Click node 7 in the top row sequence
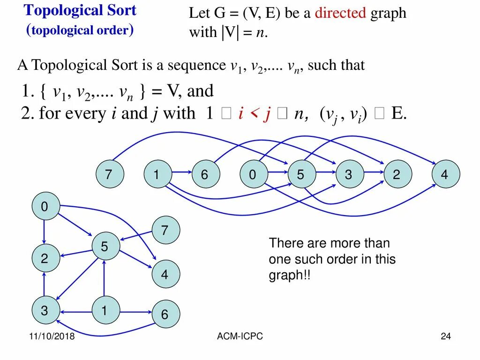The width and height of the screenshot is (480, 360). pos(109,175)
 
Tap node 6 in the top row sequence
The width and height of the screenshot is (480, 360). pos(205,175)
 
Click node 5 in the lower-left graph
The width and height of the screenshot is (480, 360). pos(105,247)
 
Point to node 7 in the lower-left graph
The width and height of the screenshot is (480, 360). pos(165,230)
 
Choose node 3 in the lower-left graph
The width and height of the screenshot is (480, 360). pos(45,310)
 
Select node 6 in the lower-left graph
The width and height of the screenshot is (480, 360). pos(165,314)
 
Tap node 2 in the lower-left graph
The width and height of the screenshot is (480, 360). pos(45,258)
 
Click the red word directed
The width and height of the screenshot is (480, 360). pos(340,13)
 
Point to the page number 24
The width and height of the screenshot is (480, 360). pos(445,336)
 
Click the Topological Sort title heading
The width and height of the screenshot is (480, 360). pos(80,10)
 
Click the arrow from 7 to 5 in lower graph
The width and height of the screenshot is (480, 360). pos(136,235)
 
